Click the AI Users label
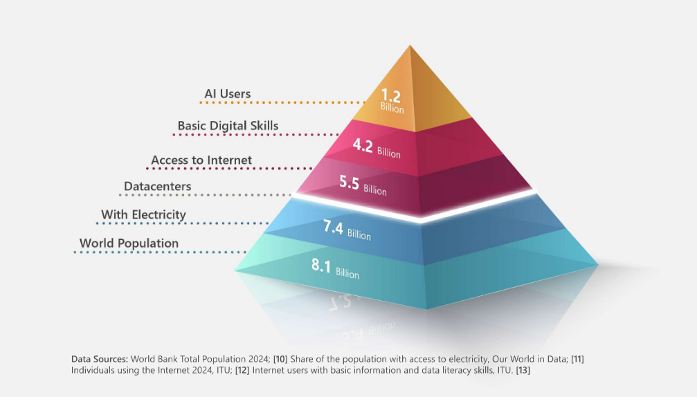[x=227, y=93]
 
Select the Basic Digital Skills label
[x=228, y=126]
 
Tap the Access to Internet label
[x=201, y=160]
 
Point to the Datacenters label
[x=157, y=187]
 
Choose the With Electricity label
[x=143, y=214]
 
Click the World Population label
[x=129, y=243]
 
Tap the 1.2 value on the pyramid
[x=392, y=96]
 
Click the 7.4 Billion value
[x=347, y=231]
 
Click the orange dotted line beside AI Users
[x=277, y=102]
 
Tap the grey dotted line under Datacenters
[x=208, y=195]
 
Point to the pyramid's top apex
[x=410, y=46]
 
